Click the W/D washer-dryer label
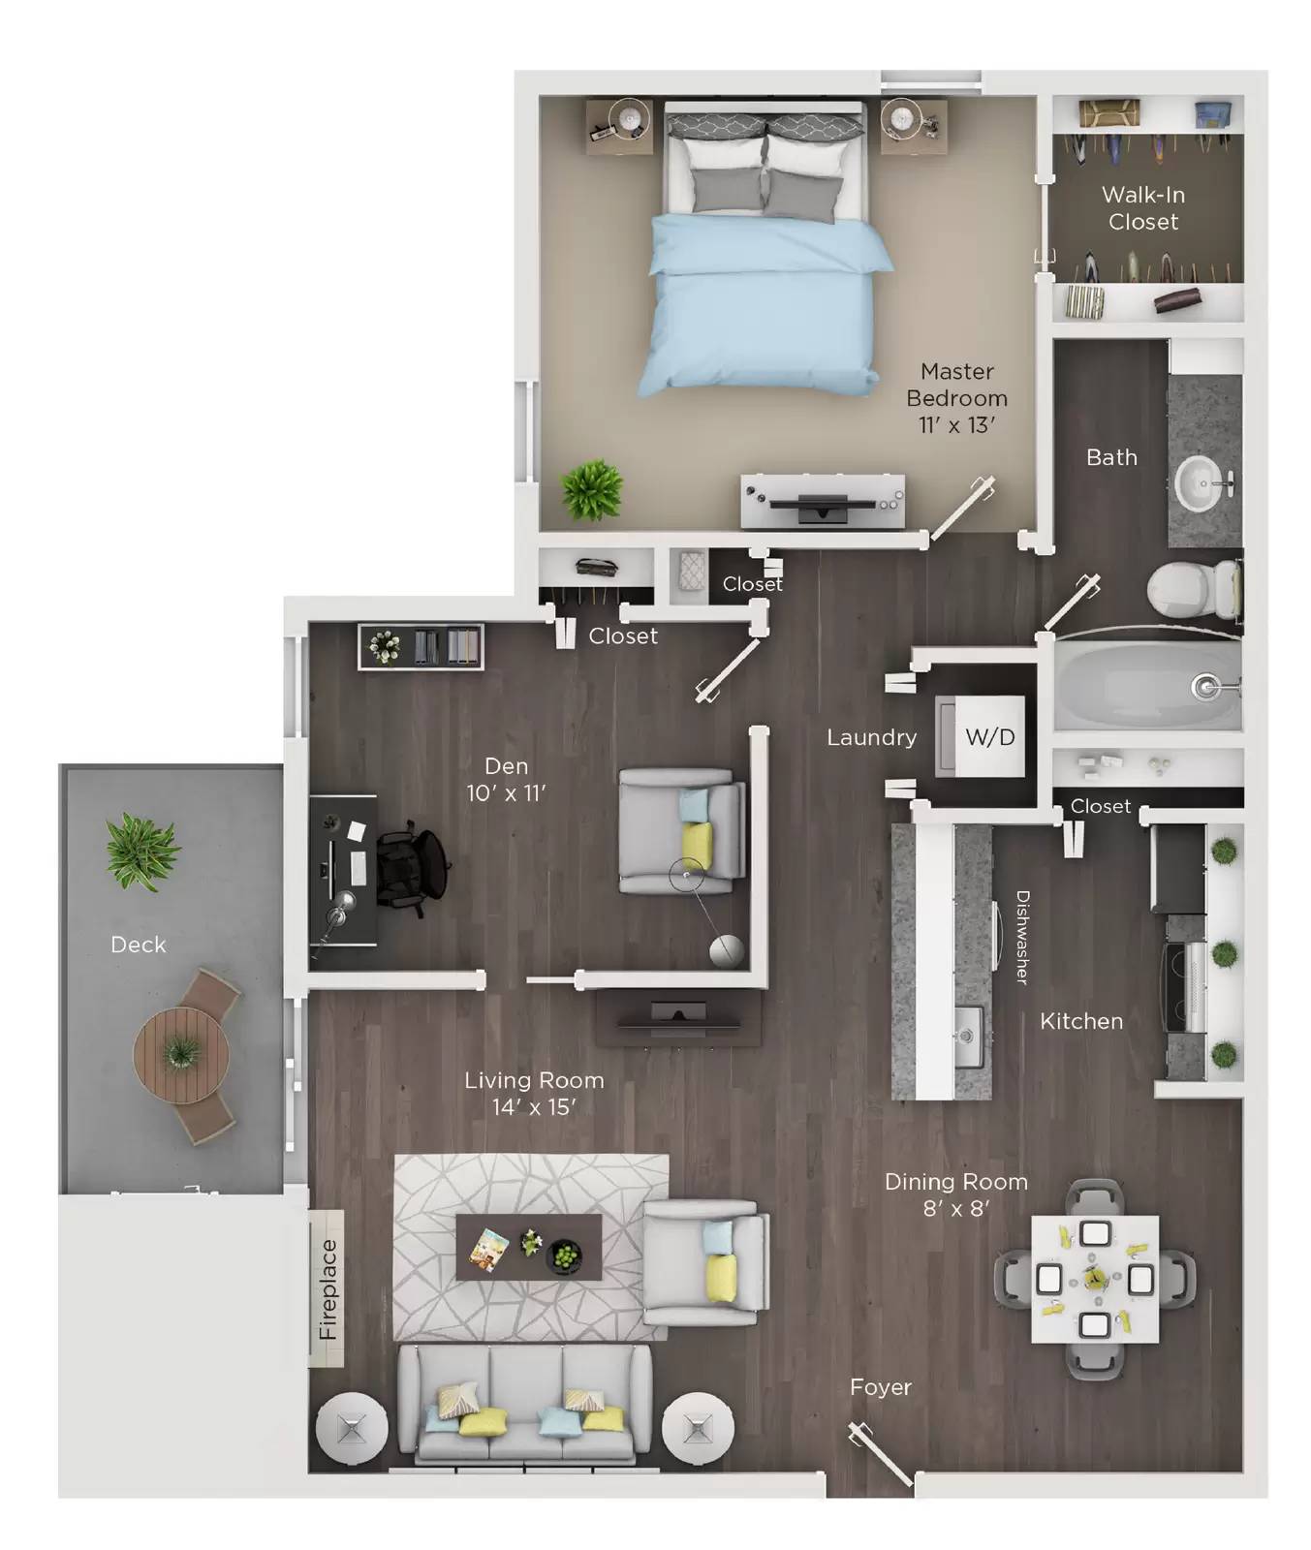tap(989, 737)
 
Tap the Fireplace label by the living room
tap(328, 1288)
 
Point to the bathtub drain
tap(1204, 687)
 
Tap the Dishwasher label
tap(1021, 937)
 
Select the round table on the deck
tap(181, 1054)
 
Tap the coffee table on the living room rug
tap(528, 1247)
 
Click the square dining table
tap(1094, 1279)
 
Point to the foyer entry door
tap(880, 1453)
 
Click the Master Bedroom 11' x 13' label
tap(956, 397)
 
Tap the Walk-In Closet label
tap(1143, 208)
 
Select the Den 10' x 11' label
tap(506, 779)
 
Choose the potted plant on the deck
tap(141, 852)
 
